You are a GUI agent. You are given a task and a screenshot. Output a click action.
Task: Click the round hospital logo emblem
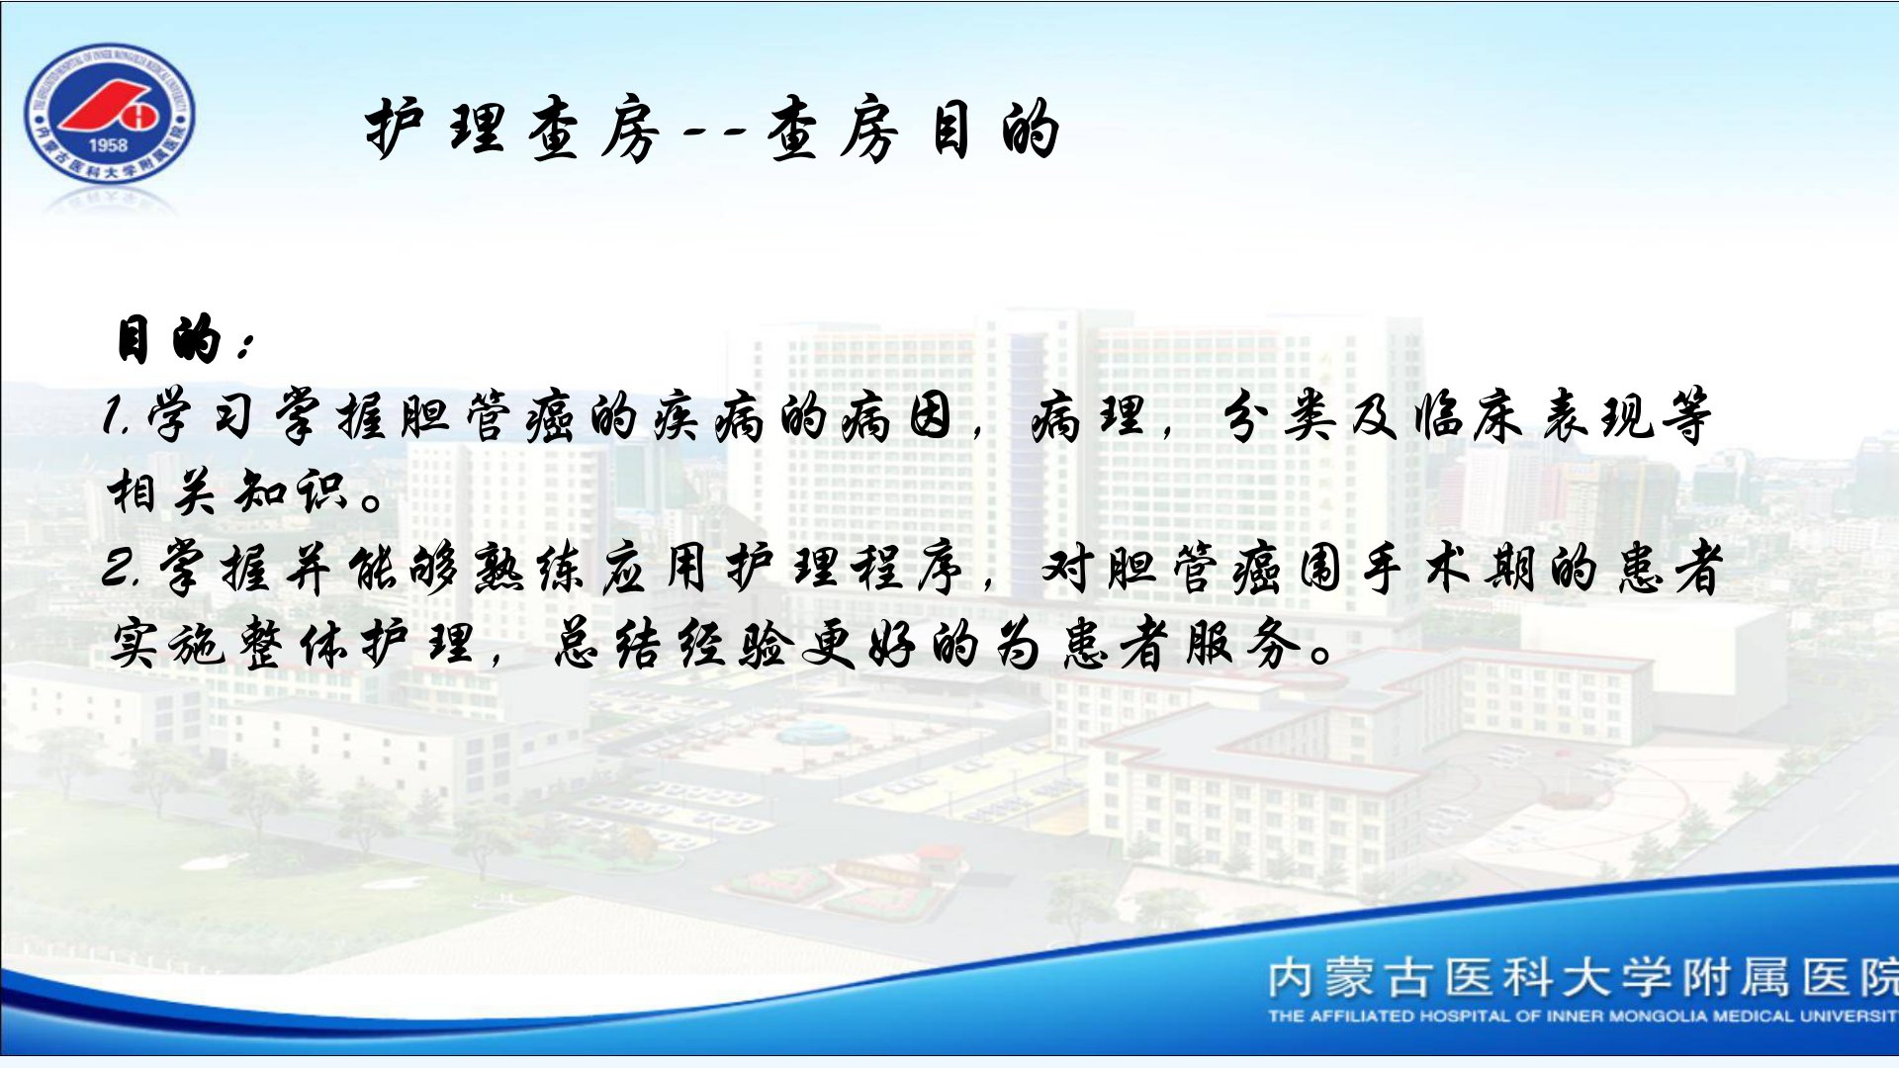(109, 114)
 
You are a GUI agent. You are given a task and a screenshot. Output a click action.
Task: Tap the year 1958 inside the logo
(108, 144)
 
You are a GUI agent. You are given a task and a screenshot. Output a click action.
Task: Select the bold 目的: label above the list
(184, 339)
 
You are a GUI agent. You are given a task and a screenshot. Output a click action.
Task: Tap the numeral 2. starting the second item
(125, 569)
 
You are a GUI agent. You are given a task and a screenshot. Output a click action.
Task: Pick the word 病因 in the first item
(896, 415)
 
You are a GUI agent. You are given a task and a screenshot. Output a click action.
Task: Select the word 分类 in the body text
(1276, 415)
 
